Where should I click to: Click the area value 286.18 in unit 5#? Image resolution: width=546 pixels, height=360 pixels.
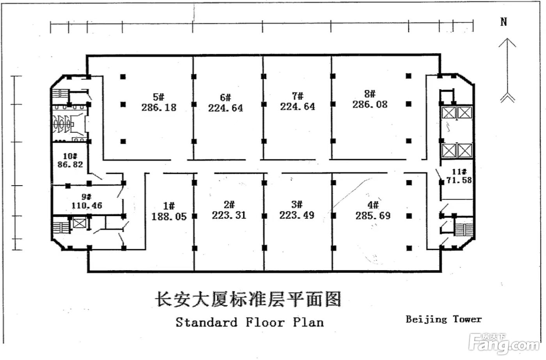[x=159, y=108]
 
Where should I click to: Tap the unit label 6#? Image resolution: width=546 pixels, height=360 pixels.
[x=225, y=98]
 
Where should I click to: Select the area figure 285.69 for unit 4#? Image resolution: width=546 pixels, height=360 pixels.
[x=373, y=216]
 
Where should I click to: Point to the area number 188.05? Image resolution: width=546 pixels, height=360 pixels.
[x=169, y=216]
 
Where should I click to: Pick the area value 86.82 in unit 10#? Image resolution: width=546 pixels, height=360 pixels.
[x=70, y=165]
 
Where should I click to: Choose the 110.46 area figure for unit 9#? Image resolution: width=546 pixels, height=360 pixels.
[x=87, y=206]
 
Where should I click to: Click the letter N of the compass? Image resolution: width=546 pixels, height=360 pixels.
[x=504, y=22]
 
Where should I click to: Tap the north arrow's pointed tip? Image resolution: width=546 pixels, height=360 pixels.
[x=507, y=38]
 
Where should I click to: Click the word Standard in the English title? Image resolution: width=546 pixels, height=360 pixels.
[x=206, y=323]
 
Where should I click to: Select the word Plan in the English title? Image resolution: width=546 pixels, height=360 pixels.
[x=308, y=322]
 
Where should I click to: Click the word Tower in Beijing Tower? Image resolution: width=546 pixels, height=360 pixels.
[x=467, y=319]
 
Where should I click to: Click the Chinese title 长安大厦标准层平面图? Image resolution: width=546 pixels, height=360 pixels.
[x=248, y=299]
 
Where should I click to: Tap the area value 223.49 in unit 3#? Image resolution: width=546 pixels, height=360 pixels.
[x=297, y=215]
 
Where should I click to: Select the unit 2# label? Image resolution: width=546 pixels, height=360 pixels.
[x=229, y=204]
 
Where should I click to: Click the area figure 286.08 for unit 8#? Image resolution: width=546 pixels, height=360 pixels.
[x=370, y=105]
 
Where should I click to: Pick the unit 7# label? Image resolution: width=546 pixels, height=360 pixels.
[x=298, y=96]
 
